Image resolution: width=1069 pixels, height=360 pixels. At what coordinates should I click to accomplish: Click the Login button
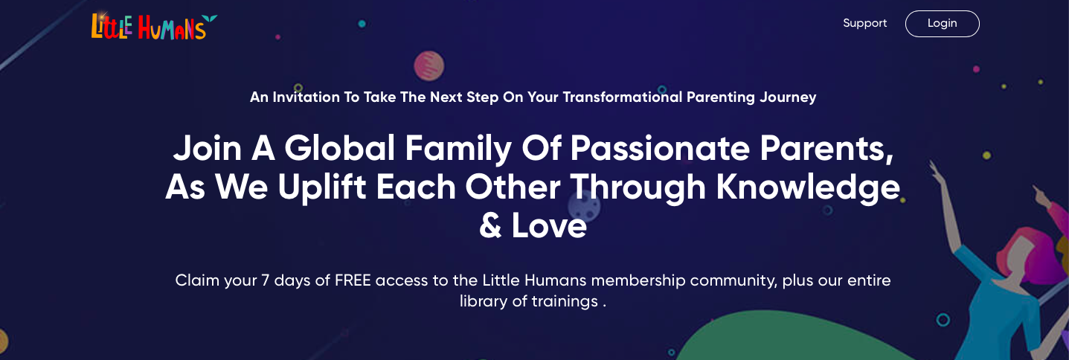pyautogui.click(x=942, y=24)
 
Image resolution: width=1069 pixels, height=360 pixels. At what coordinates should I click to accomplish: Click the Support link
pyautogui.click(x=864, y=23)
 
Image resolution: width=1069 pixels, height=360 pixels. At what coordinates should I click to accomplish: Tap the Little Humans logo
pyautogui.click(x=154, y=26)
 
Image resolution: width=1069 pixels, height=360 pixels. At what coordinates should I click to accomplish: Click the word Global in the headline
pyautogui.click(x=340, y=148)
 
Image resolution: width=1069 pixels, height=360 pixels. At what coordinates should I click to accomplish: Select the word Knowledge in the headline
pyautogui.click(x=808, y=187)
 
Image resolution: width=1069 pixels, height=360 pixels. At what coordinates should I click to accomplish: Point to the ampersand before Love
pyautogui.click(x=490, y=225)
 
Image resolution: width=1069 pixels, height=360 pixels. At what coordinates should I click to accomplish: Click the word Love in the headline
pyautogui.click(x=549, y=225)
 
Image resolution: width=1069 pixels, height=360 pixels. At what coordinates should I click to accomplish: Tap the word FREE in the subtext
pyautogui.click(x=353, y=280)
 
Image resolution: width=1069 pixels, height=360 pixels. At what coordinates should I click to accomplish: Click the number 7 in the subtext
pyautogui.click(x=266, y=280)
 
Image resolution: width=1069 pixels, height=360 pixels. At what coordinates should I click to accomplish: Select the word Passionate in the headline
pyautogui.click(x=660, y=148)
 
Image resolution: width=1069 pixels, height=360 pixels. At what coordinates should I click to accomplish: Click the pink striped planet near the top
pyautogui.click(x=428, y=66)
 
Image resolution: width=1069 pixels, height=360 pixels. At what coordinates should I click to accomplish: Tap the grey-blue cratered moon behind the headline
pyautogui.click(x=585, y=206)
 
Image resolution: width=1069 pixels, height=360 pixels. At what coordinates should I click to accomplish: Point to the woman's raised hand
pyautogui.click(x=934, y=170)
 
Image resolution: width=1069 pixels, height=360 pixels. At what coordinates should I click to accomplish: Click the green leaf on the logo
pyautogui.click(x=210, y=19)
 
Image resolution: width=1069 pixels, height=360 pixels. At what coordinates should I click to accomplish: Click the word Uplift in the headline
pyautogui.click(x=322, y=187)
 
